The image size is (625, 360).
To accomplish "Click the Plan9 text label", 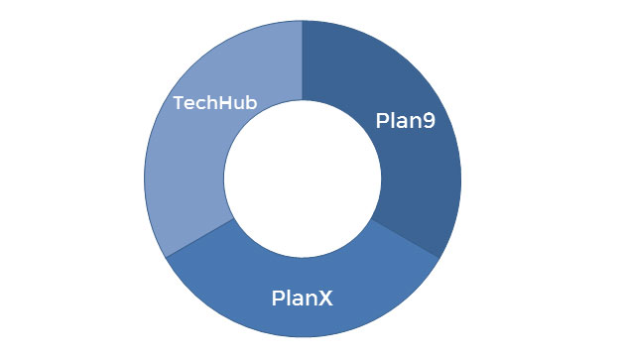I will click(406, 121).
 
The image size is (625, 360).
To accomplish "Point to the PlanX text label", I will click(303, 297).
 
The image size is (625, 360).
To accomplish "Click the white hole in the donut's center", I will click(303, 179).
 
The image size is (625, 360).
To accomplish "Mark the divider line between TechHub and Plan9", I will click(303, 60).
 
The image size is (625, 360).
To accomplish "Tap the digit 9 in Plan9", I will click(429, 121).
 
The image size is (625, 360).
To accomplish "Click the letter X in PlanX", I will click(325, 297).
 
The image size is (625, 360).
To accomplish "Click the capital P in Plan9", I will click(383, 121).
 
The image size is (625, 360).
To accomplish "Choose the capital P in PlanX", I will click(279, 297).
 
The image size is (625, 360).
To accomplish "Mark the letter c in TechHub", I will click(197, 104).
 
